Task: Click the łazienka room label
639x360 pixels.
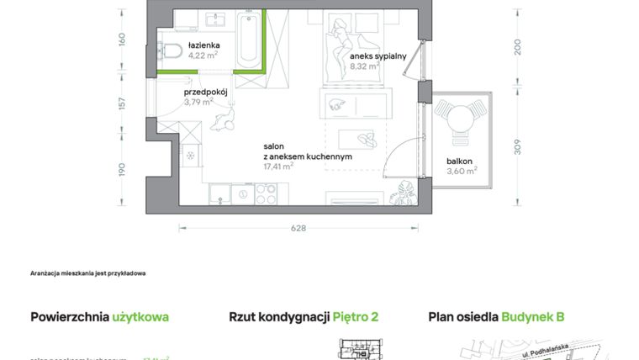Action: (x=203, y=44)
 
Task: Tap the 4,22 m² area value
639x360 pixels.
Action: (x=203, y=56)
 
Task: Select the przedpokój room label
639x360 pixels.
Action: (x=207, y=92)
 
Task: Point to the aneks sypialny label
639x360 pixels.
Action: (x=378, y=56)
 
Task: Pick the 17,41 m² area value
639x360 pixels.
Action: (x=277, y=167)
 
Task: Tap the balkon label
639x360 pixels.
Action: (x=460, y=160)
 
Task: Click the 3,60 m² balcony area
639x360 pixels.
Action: (x=462, y=171)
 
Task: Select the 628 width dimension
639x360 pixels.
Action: (x=298, y=228)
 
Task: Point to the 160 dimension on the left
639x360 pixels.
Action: (x=122, y=39)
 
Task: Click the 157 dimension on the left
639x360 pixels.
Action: (x=122, y=103)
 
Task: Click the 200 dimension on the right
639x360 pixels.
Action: (x=518, y=48)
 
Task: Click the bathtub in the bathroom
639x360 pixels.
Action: (x=248, y=40)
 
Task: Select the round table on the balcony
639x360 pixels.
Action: (x=461, y=119)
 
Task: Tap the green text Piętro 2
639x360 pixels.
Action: (x=356, y=317)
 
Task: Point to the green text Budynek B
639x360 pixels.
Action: (x=533, y=317)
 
